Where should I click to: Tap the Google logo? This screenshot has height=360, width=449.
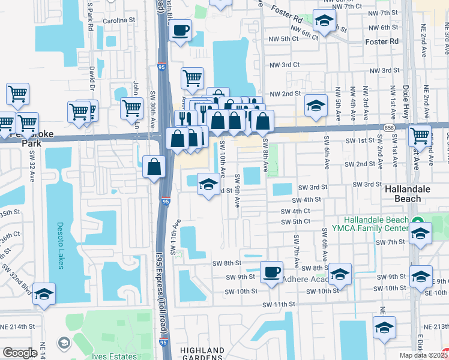(20, 353)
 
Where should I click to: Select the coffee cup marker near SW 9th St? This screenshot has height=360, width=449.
(271, 272)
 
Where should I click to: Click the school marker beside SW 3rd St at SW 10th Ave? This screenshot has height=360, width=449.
(208, 184)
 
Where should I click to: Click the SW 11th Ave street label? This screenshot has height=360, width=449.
(176, 237)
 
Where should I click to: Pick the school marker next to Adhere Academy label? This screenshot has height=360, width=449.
(340, 275)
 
